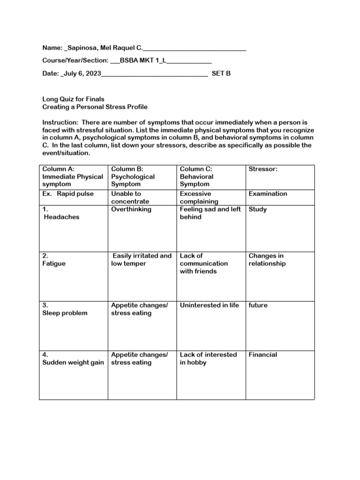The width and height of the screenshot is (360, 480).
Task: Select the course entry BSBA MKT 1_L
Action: click(143, 61)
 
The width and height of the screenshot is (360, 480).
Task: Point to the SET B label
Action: click(221, 74)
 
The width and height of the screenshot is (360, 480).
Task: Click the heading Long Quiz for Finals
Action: click(73, 99)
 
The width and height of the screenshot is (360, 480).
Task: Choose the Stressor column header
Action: click(263, 169)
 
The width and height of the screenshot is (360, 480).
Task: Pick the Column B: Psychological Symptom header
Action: click(133, 177)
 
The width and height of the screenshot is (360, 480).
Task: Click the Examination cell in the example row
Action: click(268, 194)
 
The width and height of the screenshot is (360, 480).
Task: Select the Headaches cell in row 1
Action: click(61, 217)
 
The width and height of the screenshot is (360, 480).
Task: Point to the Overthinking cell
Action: click(131, 209)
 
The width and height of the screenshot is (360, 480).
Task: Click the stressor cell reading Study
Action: click(257, 209)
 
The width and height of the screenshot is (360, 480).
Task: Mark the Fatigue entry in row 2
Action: click(54, 263)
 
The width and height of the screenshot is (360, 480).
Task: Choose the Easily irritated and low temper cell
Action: click(141, 260)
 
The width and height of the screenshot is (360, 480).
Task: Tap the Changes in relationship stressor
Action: click(267, 260)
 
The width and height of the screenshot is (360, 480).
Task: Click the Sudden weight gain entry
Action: click(73, 362)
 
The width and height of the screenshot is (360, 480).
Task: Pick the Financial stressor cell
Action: click(262, 354)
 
